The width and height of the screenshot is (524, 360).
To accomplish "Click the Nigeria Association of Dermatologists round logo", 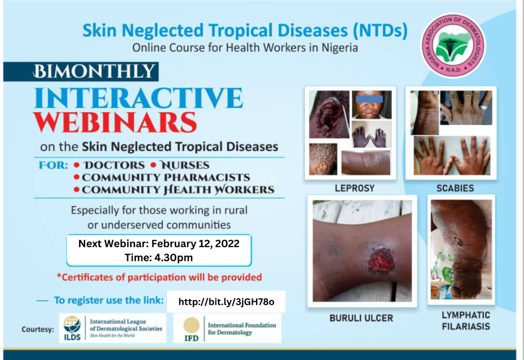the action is pyautogui.click(x=454, y=45).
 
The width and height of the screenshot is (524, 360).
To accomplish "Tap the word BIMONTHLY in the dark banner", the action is pyautogui.click(x=94, y=71).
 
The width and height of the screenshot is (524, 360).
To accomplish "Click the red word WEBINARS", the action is pyautogui.click(x=115, y=123).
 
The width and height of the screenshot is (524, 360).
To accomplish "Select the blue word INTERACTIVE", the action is pyautogui.click(x=138, y=98).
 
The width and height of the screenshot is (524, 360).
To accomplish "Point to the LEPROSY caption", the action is pyautogui.click(x=355, y=188).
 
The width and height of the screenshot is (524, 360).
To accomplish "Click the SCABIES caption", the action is pyautogui.click(x=455, y=188).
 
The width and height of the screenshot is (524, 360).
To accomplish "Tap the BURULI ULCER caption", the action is pyautogui.click(x=361, y=318).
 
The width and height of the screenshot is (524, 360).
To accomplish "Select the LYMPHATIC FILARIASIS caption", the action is pyautogui.click(x=466, y=321).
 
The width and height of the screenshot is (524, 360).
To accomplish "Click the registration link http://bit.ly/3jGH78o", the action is pyautogui.click(x=226, y=302).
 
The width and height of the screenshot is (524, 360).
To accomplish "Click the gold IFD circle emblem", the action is pyautogui.click(x=192, y=325).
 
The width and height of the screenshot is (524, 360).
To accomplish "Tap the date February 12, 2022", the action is pyautogui.click(x=195, y=243).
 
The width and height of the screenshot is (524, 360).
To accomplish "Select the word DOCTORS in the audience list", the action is pyautogui.click(x=114, y=165).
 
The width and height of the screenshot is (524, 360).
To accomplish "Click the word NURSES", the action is pyautogui.click(x=184, y=165).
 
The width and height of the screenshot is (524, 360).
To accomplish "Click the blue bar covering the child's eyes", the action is pyautogui.click(x=370, y=99).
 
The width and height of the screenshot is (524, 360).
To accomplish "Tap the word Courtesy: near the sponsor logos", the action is pyautogui.click(x=38, y=329).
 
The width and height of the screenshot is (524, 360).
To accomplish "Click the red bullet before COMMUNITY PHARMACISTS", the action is pyautogui.click(x=76, y=177).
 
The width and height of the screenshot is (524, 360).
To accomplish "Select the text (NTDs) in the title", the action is pyautogui.click(x=380, y=31).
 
